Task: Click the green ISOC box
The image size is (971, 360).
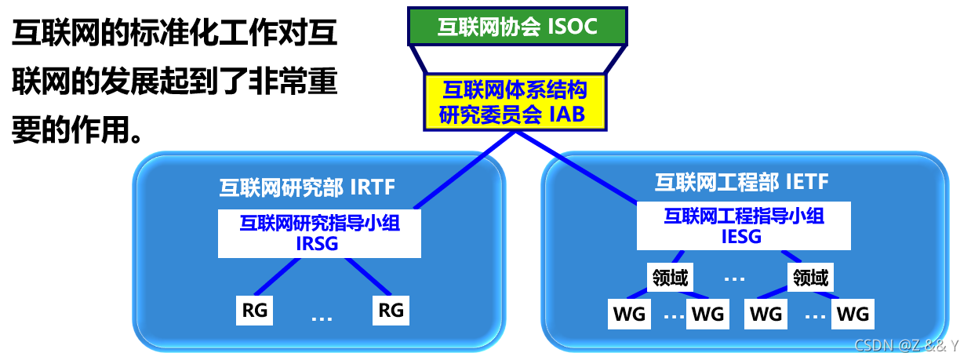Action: [518, 26]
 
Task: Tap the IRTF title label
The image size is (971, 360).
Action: [307, 187]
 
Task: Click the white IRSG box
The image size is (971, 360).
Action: [319, 233]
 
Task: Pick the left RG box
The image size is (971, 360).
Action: [255, 311]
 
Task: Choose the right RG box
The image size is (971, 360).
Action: [391, 311]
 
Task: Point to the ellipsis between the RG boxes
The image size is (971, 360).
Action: [322, 318]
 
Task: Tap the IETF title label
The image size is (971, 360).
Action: [742, 183]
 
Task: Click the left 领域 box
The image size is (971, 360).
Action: [670, 277]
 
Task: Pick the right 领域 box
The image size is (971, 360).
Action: [810, 277]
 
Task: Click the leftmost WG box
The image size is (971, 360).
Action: [628, 315]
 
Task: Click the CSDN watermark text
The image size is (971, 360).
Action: [905, 345]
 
